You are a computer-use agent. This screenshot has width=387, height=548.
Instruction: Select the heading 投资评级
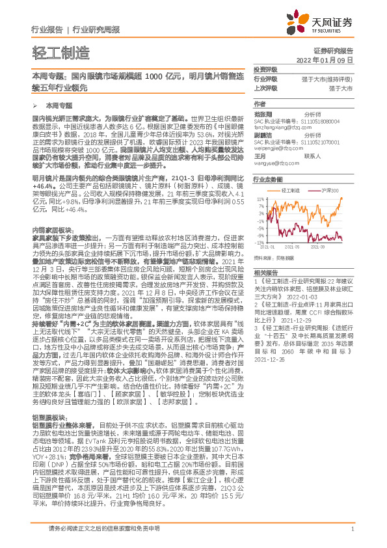click(x=265, y=70)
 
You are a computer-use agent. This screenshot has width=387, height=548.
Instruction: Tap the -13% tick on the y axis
click(x=260, y=243)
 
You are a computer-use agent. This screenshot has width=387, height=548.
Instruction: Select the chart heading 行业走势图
click(x=268, y=178)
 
